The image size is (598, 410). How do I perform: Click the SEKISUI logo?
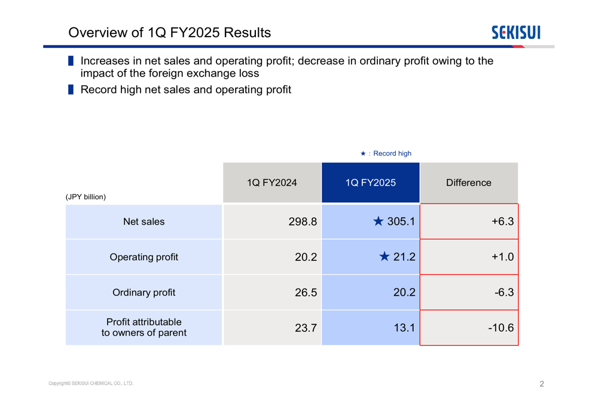(x=515, y=32)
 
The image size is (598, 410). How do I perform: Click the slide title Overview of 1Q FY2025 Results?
(x=169, y=33)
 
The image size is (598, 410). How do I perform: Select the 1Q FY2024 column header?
(x=272, y=183)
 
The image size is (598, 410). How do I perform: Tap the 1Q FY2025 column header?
(x=371, y=183)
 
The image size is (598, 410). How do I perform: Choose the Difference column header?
(x=469, y=183)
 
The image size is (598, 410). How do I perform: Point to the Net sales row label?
(x=144, y=222)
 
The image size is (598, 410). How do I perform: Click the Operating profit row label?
(x=144, y=257)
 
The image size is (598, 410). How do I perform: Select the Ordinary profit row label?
(x=144, y=293)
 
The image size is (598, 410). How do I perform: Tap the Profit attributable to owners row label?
(x=144, y=327)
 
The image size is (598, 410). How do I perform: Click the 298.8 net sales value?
(x=303, y=222)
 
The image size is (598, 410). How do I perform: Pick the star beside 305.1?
(x=379, y=222)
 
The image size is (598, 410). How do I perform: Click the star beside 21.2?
(x=385, y=257)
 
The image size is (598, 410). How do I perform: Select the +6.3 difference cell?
(x=503, y=222)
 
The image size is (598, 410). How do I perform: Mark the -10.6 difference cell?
(x=501, y=328)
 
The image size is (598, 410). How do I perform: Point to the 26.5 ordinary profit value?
(x=306, y=293)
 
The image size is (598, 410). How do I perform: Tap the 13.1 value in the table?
(x=404, y=328)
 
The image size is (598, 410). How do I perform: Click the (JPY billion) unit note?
(x=86, y=197)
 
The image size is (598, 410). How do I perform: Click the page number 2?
(x=542, y=384)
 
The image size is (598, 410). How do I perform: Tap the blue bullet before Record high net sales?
(x=71, y=90)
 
